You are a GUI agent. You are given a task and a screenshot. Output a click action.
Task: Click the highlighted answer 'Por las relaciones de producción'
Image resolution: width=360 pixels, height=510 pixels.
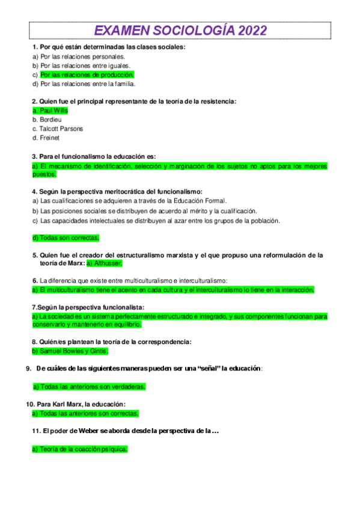coord(87,75)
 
